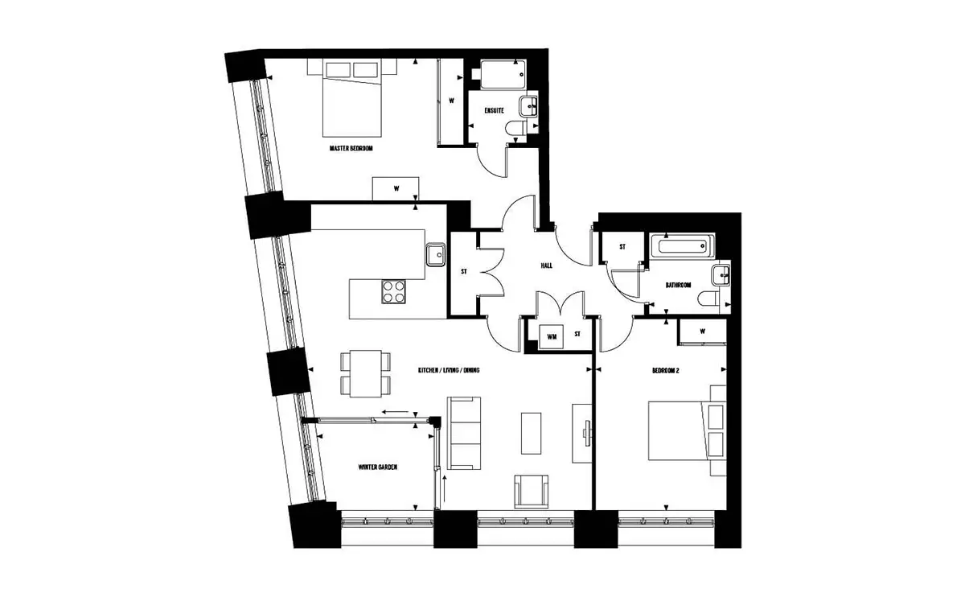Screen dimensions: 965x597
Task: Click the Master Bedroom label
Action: click(x=351, y=148)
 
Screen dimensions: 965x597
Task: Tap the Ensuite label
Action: click(x=494, y=111)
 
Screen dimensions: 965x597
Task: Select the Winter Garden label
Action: click(x=378, y=467)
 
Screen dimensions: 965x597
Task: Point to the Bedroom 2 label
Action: click(x=666, y=371)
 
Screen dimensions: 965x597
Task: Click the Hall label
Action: click(x=547, y=266)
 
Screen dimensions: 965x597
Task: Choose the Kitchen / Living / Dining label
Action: click(x=449, y=370)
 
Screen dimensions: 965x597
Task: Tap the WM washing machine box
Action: click(x=552, y=336)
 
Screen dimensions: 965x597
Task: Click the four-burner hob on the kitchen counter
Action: click(x=393, y=292)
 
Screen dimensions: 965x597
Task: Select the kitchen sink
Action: click(x=436, y=255)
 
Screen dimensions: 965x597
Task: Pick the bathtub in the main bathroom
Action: click(x=683, y=246)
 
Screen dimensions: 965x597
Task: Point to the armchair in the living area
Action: click(x=532, y=492)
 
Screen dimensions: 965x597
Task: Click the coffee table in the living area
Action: click(x=532, y=433)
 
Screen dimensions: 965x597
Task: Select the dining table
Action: click(x=366, y=373)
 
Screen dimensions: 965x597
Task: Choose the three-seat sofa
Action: click(x=464, y=433)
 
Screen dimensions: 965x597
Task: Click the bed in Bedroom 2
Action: click(x=688, y=431)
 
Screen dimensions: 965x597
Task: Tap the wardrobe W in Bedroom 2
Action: click(x=703, y=332)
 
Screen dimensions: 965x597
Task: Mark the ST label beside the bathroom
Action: click(x=622, y=247)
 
